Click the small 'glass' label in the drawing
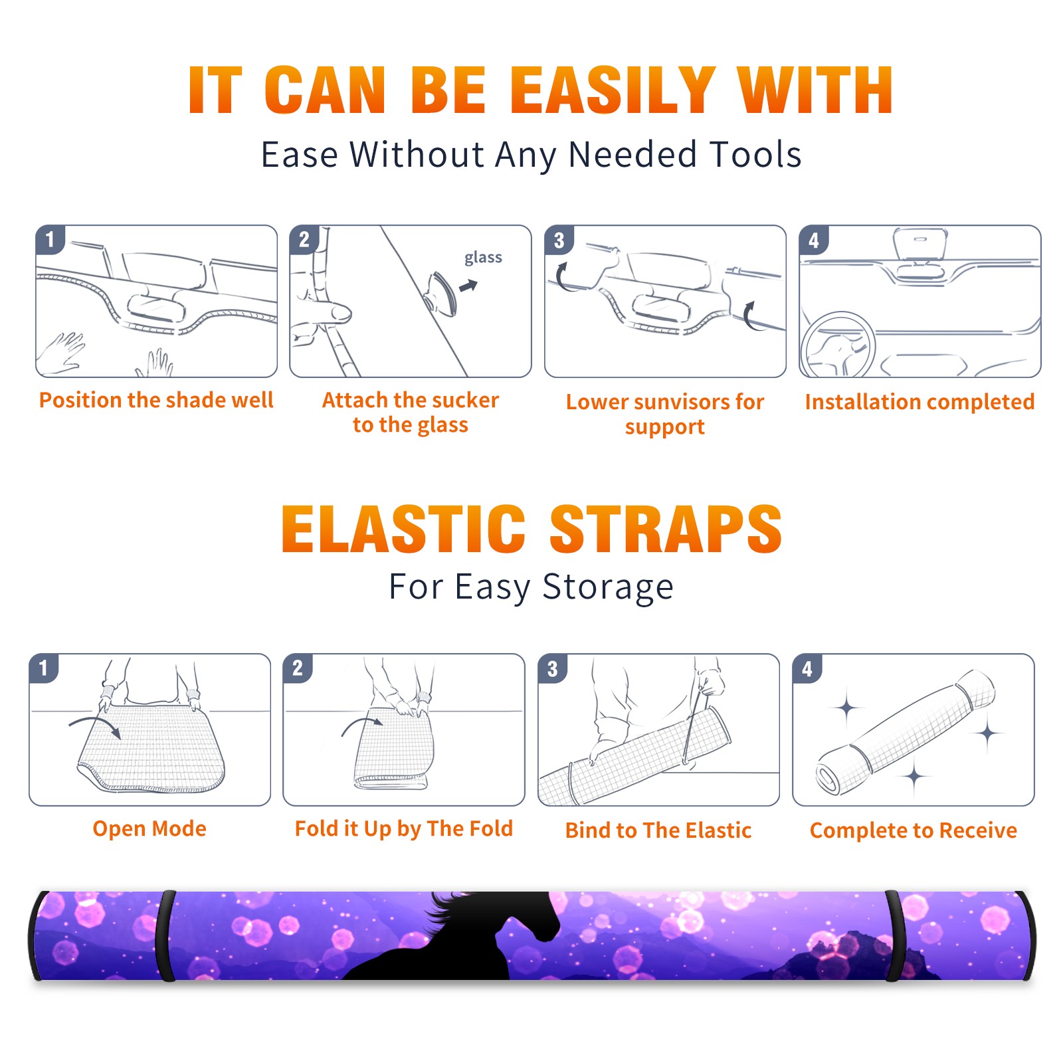[x=483, y=258]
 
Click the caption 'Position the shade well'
[x=156, y=400]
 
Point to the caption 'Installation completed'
[x=919, y=402]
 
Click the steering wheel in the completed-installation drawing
[x=838, y=345]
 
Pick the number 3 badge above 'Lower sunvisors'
[x=559, y=240]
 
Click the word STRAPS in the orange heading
[x=666, y=529]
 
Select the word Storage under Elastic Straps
[x=608, y=587]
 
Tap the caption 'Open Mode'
[x=149, y=828]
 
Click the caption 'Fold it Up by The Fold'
[x=404, y=829]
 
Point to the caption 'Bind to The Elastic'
[x=658, y=830]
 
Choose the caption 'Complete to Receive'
[x=914, y=830]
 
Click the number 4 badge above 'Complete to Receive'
[x=807, y=668]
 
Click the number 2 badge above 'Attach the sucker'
[x=304, y=240]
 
